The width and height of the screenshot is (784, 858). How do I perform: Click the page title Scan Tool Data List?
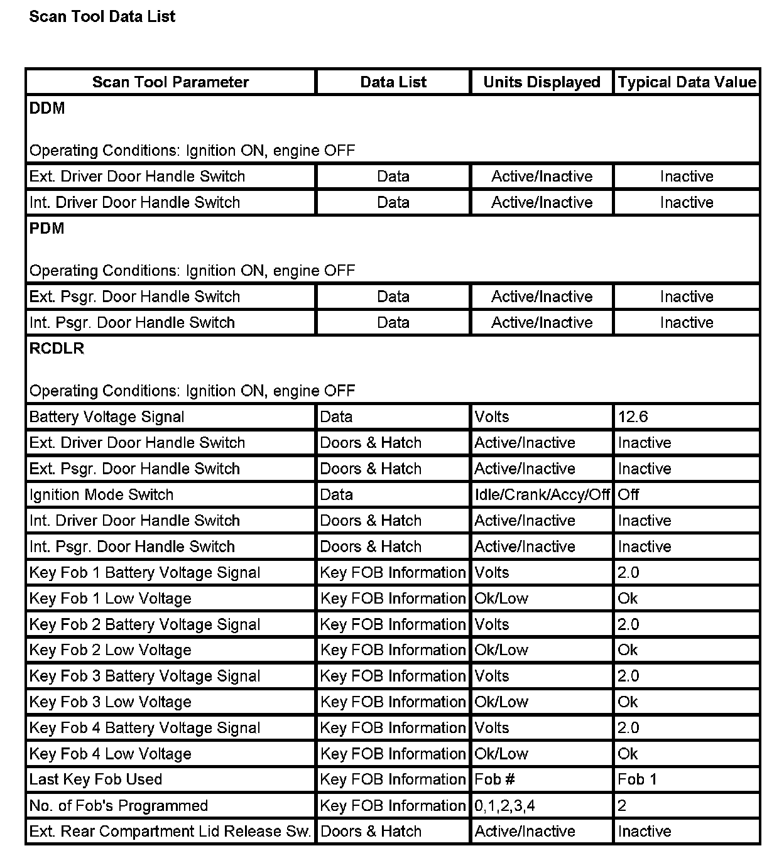point(102,17)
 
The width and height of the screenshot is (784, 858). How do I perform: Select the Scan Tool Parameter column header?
point(170,82)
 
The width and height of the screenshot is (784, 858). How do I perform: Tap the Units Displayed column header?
point(542,82)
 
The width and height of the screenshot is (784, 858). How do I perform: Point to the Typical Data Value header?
point(687,82)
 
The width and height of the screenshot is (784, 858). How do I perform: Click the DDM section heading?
point(47,109)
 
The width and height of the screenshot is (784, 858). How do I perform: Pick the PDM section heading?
point(47,229)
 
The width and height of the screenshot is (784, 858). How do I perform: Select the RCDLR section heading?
point(57,349)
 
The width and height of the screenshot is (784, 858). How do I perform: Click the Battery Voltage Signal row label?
point(107,417)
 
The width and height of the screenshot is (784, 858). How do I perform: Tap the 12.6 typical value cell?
point(633,417)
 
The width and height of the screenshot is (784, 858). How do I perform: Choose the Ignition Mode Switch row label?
point(101,495)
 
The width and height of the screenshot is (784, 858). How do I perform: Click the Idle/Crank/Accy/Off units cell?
point(542,495)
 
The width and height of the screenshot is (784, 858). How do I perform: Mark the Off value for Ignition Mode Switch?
point(628,495)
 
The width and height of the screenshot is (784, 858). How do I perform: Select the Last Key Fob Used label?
point(95,779)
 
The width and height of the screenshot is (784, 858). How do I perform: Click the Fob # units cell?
point(494,779)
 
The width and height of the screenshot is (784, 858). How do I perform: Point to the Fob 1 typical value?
point(637,779)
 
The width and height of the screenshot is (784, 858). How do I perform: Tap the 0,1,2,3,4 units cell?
point(504,806)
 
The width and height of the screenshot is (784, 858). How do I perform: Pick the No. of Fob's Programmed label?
point(118,806)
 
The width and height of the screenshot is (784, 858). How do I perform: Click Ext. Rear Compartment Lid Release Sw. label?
point(170,832)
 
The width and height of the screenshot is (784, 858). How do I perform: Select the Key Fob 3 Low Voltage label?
point(110,702)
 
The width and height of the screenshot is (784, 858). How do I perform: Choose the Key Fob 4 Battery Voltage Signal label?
point(144,728)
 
